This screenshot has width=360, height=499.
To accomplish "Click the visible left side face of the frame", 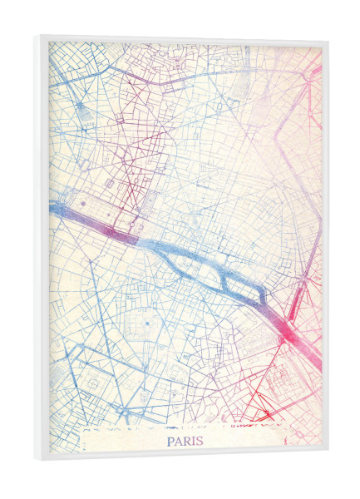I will click(39, 249).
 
